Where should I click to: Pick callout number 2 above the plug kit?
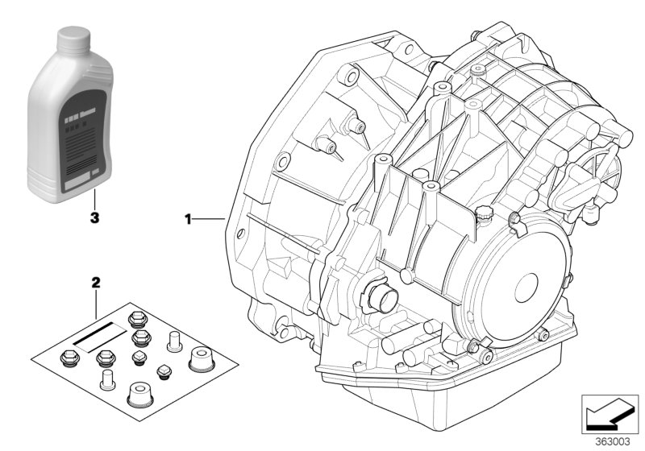[96, 283]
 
